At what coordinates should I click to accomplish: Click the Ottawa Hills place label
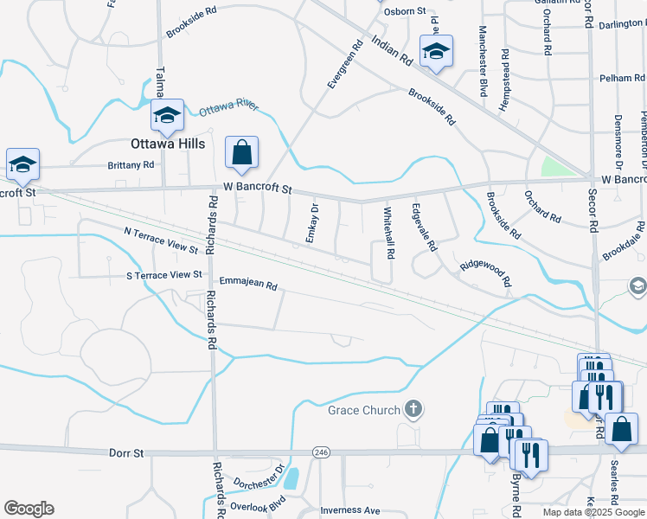click(x=168, y=144)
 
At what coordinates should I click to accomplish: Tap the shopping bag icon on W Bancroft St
click(x=242, y=152)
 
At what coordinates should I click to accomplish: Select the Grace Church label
click(x=363, y=410)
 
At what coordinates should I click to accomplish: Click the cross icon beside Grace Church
click(x=413, y=409)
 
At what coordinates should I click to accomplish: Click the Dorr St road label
click(x=125, y=452)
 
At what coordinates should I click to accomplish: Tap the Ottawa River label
click(x=229, y=108)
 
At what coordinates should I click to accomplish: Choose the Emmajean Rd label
click(x=247, y=284)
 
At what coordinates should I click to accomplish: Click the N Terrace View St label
click(x=161, y=240)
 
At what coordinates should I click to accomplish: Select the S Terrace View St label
click(x=163, y=275)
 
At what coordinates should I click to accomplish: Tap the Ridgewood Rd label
click(x=485, y=274)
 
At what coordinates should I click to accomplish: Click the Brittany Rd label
click(x=131, y=163)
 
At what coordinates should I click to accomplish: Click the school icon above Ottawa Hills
click(x=166, y=114)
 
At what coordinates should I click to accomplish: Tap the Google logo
click(x=29, y=509)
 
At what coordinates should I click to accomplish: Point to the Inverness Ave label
click(x=349, y=510)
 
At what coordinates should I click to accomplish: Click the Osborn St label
click(x=406, y=11)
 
